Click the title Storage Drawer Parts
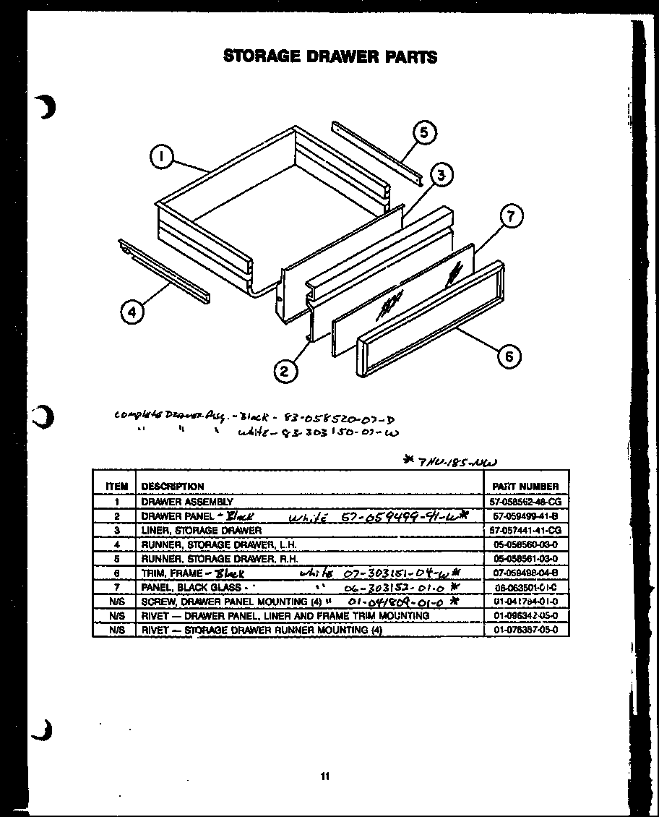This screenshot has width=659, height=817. click(x=330, y=56)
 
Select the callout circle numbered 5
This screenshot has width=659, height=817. click(x=425, y=132)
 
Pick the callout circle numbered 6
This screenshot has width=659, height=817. click(x=510, y=356)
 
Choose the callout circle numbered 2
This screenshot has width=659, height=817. click(x=285, y=371)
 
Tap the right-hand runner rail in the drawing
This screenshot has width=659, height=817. click(x=376, y=153)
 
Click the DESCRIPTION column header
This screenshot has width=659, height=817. click(x=173, y=487)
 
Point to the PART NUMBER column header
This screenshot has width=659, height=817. click(x=525, y=487)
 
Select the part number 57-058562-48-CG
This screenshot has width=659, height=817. click(x=525, y=501)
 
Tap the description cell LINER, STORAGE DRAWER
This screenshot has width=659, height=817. click(x=202, y=530)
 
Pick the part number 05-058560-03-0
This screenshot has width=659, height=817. click(x=525, y=544)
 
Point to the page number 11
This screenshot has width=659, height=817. click(x=325, y=777)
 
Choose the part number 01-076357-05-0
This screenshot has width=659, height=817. click(x=525, y=630)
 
